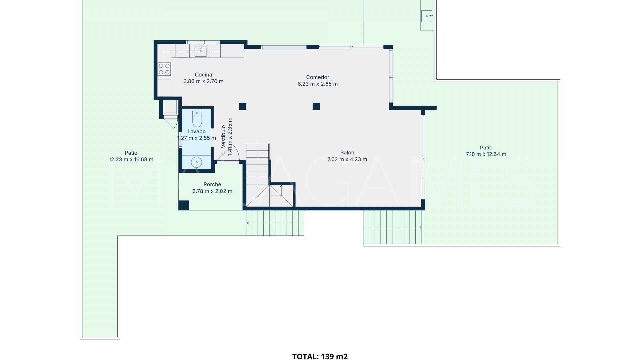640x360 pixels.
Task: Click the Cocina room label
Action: [203, 75]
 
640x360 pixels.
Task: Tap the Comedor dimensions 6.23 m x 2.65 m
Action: [317, 84]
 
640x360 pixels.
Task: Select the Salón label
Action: [347, 153]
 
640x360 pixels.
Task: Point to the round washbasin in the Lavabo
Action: [196, 163]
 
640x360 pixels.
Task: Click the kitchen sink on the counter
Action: [200, 51]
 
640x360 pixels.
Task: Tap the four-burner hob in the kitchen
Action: [164, 69]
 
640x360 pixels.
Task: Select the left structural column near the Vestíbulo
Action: [242, 106]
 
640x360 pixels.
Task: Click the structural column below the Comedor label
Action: [316, 106]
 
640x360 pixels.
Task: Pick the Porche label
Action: [212, 184]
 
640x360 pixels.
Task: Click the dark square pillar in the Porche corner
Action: [184, 205]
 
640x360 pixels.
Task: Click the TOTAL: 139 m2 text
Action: [320, 356]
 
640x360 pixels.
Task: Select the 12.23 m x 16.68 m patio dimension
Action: [131, 160]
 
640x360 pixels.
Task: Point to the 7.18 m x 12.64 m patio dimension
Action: [486, 154]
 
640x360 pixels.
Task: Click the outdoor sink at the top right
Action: [427, 16]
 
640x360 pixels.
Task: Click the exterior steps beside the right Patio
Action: [392, 227]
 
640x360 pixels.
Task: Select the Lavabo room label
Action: [196, 131]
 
